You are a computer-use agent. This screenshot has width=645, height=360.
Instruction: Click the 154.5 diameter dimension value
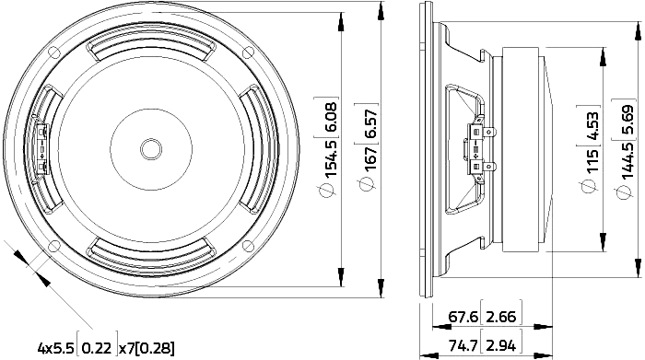pyautogui.click(x=332, y=158)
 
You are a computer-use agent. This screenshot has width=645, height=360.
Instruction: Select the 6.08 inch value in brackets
pyautogui.click(x=332, y=117)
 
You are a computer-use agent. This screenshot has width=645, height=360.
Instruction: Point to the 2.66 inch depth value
pyautogui.click(x=501, y=317)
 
